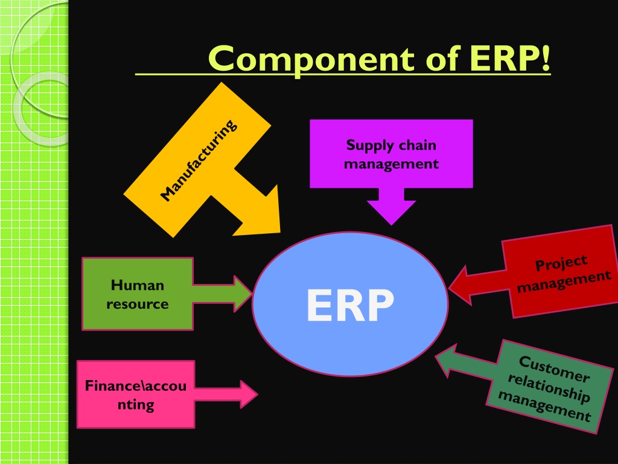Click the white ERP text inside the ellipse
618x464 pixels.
pos(350,305)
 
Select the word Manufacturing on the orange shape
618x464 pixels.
pos(199,160)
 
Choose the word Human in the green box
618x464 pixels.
pos(137,285)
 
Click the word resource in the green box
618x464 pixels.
pos(137,304)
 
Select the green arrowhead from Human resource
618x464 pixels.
pos(243,294)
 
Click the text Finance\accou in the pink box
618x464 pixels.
pos(136,385)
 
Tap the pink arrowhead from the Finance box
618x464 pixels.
pos(249,394)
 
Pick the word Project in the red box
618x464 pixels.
pos(561,263)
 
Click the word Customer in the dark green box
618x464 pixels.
pos(554,369)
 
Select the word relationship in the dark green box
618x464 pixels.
pos(549,388)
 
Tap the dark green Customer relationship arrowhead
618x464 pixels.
pos(445,360)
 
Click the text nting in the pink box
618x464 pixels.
pos(136,405)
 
